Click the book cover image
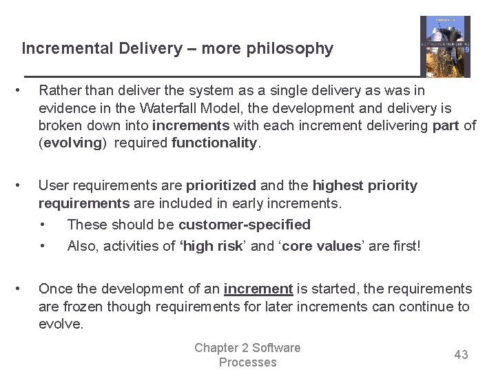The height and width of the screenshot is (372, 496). [x=445, y=46]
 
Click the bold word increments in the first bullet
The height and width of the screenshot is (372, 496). [x=191, y=125]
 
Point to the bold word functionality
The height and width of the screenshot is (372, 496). [x=214, y=143]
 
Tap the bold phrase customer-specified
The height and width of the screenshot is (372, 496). [x=244, y=225]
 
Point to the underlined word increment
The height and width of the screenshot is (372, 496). [x=258, y=289]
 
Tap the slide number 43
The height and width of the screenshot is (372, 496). [x=461, y=355]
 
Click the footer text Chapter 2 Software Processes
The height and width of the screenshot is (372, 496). [x=247, y=355]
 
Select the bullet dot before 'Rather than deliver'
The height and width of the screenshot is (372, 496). [x=25, y=90]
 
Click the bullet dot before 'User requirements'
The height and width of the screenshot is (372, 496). [x=25, y=185]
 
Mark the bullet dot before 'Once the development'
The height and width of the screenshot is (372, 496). [x=25, y=289]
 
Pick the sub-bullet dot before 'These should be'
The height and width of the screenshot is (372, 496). [x=44, y=225]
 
